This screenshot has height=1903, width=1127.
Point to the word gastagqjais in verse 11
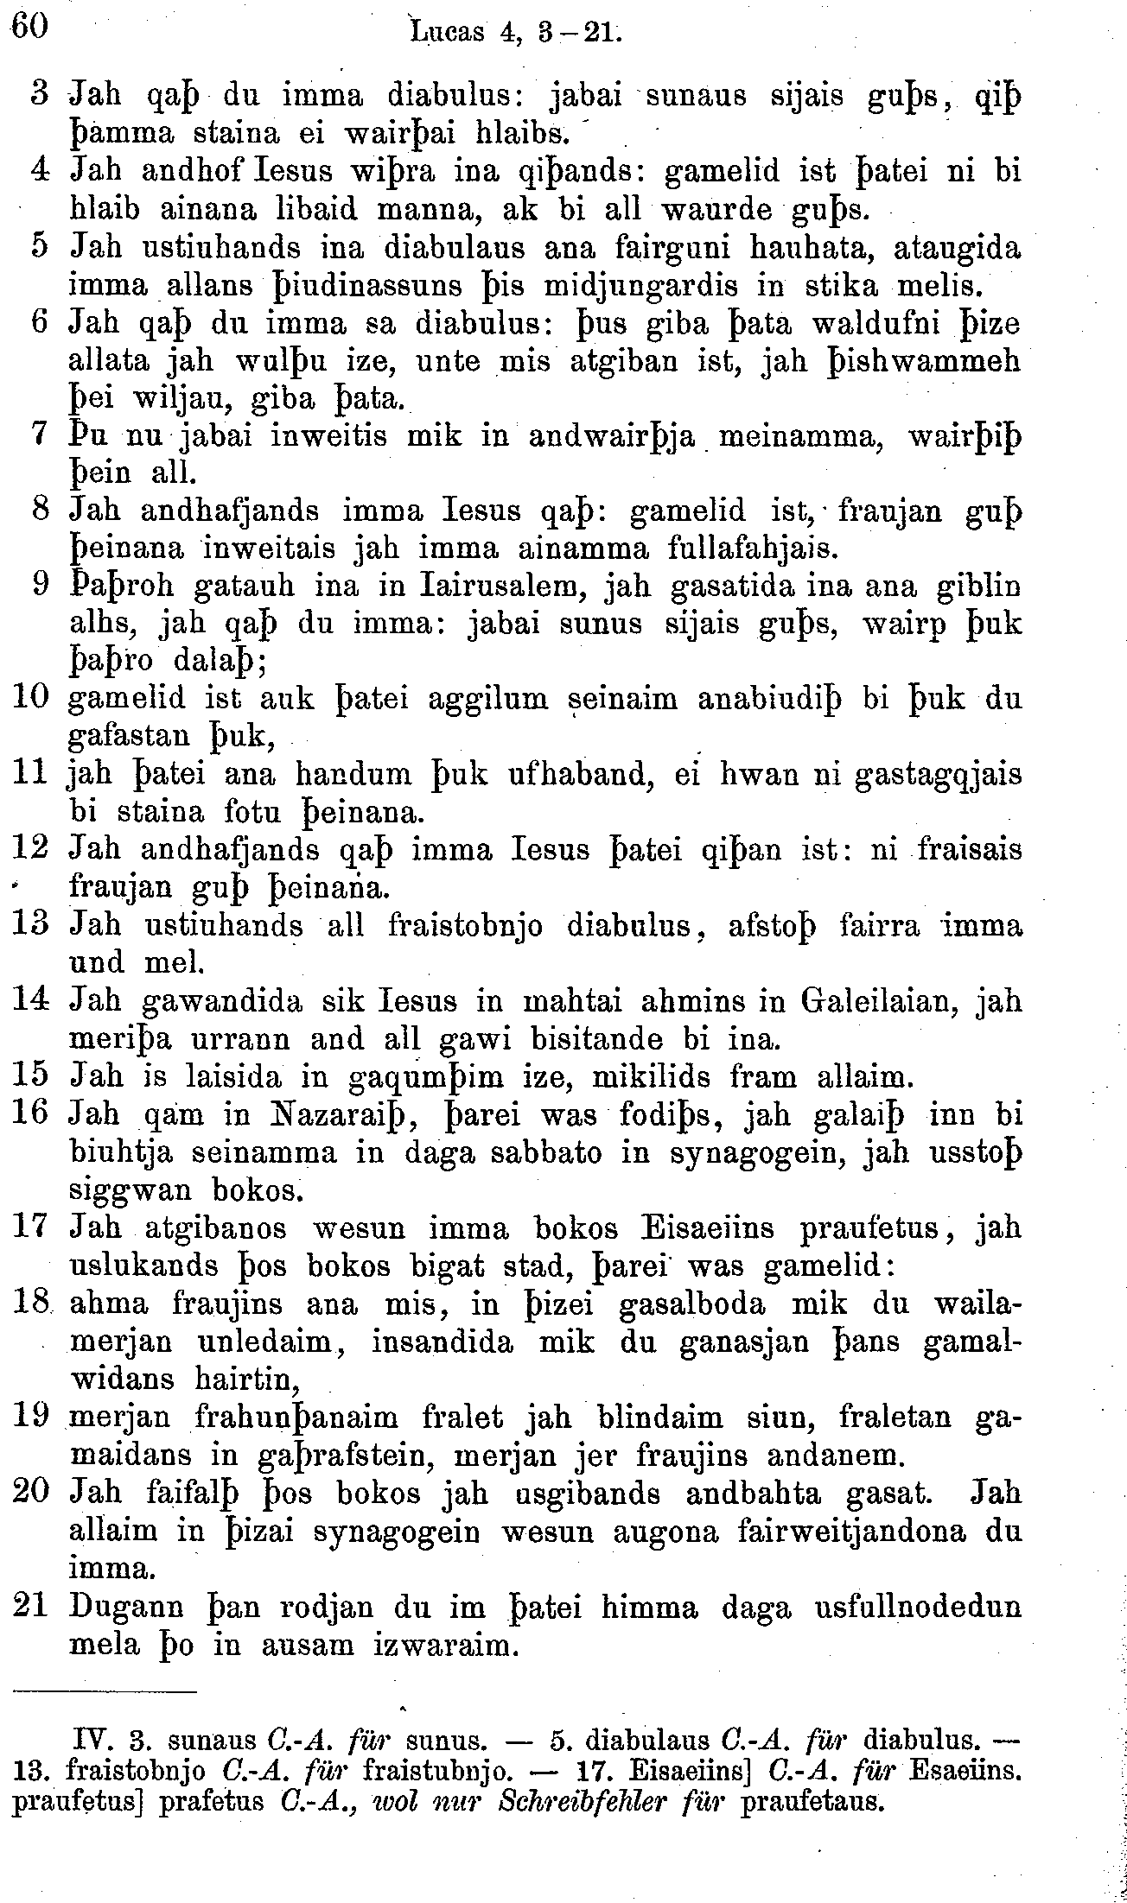coord(938,775)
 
